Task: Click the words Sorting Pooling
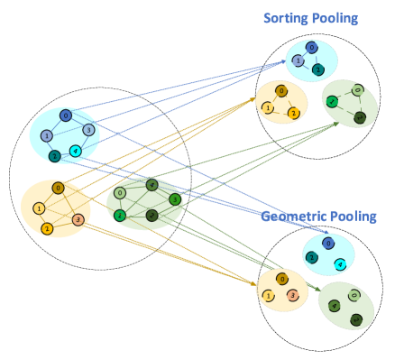309,18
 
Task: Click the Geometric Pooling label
318,217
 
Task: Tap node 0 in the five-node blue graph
66,115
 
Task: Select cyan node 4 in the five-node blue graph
76,151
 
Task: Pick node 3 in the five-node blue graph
88,130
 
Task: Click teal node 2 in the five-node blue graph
55,156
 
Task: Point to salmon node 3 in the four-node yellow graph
78,219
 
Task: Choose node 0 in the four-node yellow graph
58,188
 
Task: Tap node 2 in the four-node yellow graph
47,229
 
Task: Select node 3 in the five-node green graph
174,199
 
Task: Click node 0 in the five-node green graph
120,193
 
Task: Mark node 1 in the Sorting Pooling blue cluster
298,60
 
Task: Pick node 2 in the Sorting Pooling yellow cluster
293,113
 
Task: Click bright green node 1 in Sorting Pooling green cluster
332,102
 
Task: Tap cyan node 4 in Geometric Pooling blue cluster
340,264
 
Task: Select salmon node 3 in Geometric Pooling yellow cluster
293,295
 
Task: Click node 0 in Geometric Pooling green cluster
354,295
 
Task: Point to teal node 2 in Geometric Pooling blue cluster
312,257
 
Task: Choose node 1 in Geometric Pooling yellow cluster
269,295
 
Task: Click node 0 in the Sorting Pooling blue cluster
311,48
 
